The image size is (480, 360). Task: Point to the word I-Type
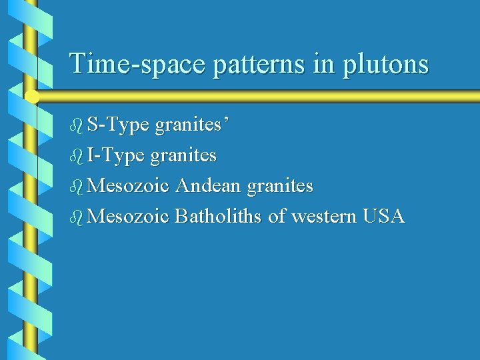pyautogui.click(x=115, y=156)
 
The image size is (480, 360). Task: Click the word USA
pyautogui.click(x=383, y=217)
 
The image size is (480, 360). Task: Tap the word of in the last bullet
pyautogui.click(x=277, y=217)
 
